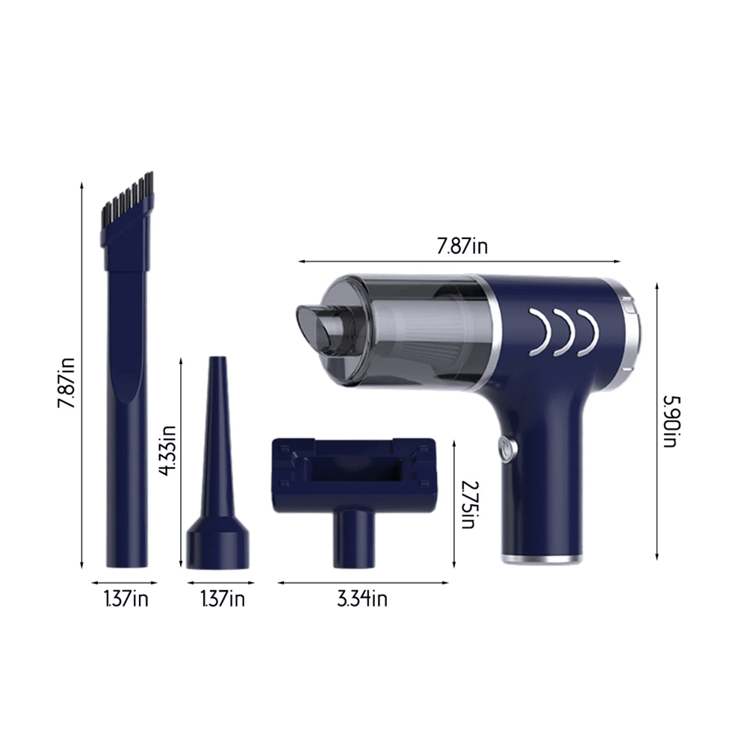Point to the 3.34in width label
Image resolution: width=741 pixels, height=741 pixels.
click(362, 598)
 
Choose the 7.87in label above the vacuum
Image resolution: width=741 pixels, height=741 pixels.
click(462, 247)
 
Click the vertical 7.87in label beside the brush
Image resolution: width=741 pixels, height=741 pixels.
click(68, 380)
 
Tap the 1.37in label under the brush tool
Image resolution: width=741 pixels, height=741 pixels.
click(125, 598)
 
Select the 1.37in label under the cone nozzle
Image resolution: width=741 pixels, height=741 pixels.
click(223, 598)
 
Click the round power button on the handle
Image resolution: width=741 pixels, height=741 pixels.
click(505, 448)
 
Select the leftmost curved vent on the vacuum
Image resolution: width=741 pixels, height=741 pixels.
click(539, 332)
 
